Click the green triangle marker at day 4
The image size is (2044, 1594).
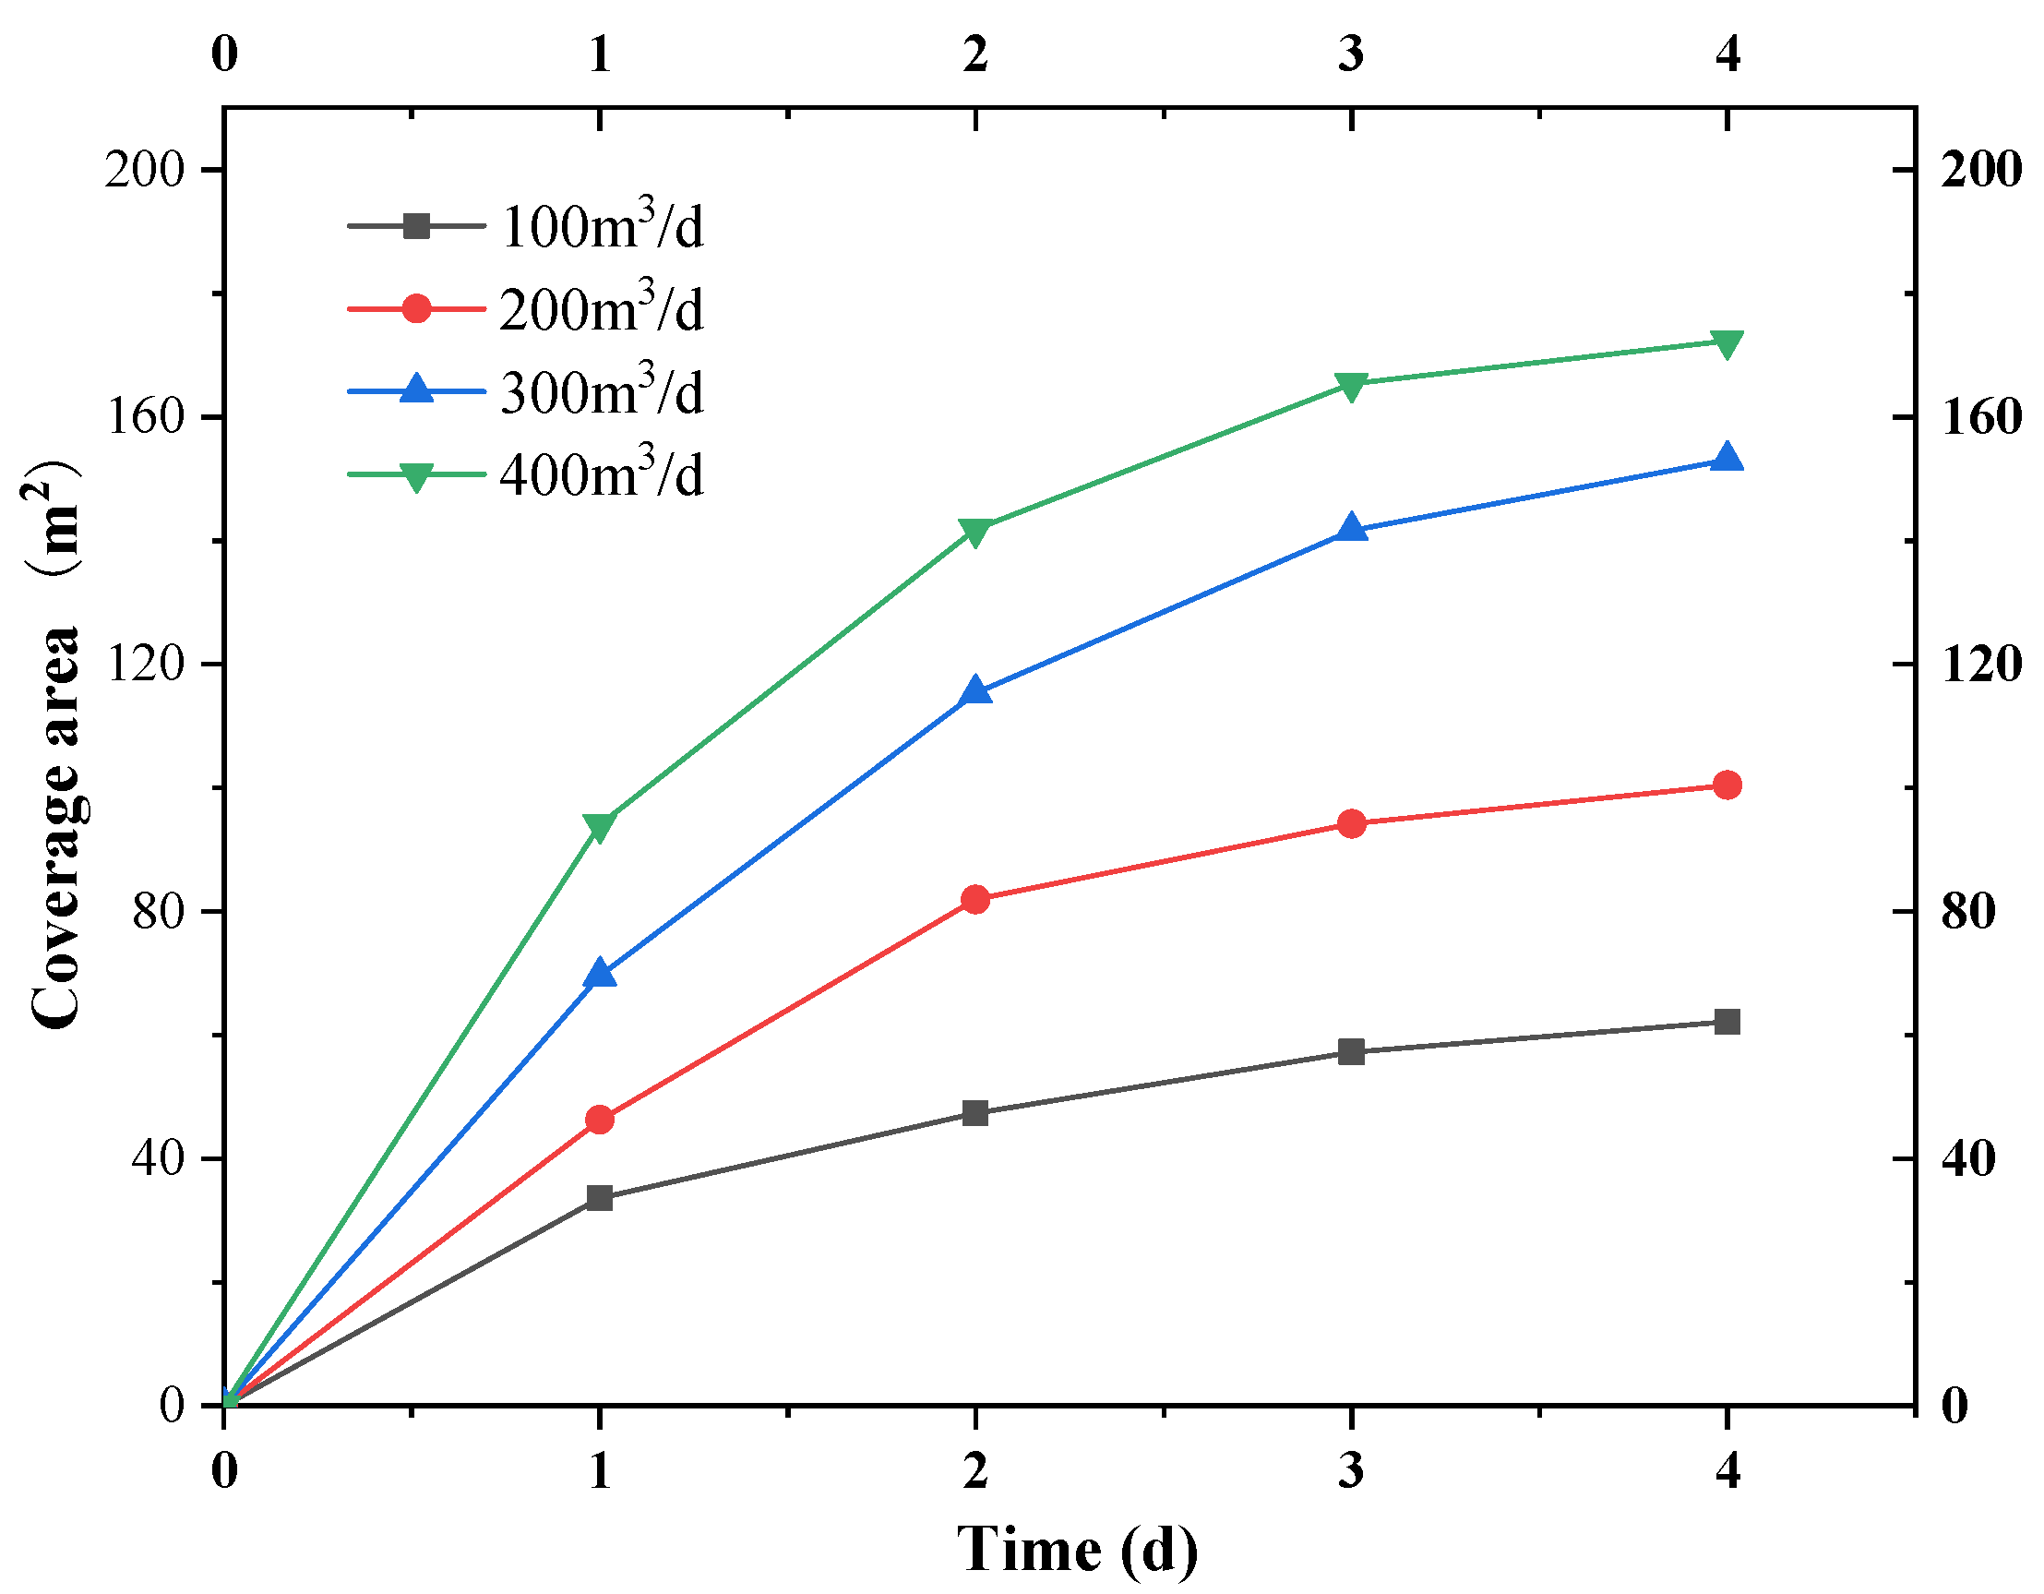click(1727, 342)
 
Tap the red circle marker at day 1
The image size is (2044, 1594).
click(599, 1120)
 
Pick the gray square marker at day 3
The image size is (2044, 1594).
click(1350, 1052)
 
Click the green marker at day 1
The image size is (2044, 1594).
click(599, 826)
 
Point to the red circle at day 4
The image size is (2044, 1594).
click(1727, 785)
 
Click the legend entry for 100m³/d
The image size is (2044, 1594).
click(602, 226)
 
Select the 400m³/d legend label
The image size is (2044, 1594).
click(602, 475)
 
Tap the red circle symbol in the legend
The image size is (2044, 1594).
click(416, 308)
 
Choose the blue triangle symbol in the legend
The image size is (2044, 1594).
click(416, 390)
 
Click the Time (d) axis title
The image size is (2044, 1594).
click(1076, 1549)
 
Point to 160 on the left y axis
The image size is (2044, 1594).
click(144, 416)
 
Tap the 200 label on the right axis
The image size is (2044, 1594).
click(1980, 170)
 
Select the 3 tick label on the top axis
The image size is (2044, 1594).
click(1350, 54)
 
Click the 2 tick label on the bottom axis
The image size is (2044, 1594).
click(975, 1470)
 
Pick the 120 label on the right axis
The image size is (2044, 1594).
click(1980, 665)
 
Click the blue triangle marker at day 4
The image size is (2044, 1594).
click(1727, 459)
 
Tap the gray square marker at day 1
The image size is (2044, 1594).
click(599, 1198)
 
